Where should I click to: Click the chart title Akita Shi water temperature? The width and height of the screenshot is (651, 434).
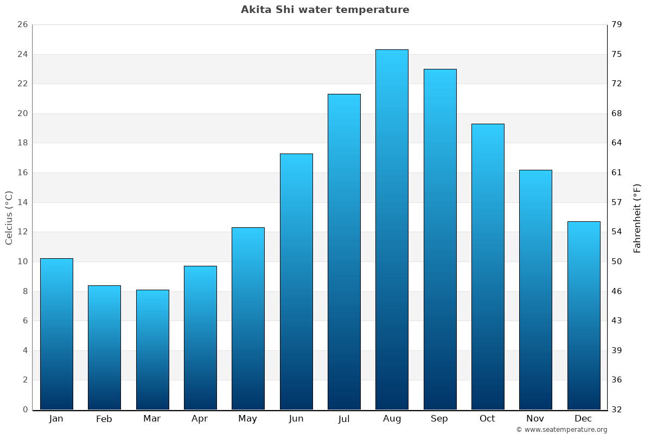[x=325, y=10]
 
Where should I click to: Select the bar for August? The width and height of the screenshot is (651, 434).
[x=392, y=229]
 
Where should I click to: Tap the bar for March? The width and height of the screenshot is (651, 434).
[x=152, y=350]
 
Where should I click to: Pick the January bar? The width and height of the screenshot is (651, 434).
[x=56, y=334]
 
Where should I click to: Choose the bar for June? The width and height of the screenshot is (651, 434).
[x=296, y=282]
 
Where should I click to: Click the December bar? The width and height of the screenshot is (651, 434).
[x=584, y=316]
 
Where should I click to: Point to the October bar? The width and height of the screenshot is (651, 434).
[x=488, y=267]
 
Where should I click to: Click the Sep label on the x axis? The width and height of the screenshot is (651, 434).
[x=439, y=419]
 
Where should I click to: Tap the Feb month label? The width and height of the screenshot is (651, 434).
[x=104, y=419]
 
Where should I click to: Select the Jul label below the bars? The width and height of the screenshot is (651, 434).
[x=344, y=419]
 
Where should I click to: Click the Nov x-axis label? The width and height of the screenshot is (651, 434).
[x=535, y=419]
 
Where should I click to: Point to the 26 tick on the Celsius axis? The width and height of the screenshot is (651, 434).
[x=22, y=25]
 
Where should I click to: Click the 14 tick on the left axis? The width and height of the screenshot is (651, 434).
[x=22, y=202]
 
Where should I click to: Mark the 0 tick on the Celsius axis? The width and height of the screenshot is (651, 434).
[x=25, y=410]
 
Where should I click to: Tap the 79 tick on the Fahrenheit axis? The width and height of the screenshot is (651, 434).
[x=617, y=25]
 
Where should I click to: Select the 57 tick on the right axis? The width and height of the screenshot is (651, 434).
[x=617, y=202]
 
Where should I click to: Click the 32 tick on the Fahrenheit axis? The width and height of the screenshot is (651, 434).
[x=617, y=410]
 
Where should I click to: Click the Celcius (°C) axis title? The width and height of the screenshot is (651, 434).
[x=9, y=218]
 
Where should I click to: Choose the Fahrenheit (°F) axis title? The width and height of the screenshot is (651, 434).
[x=637, y=218]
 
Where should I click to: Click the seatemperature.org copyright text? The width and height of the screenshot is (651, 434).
[x=561, y=430]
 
